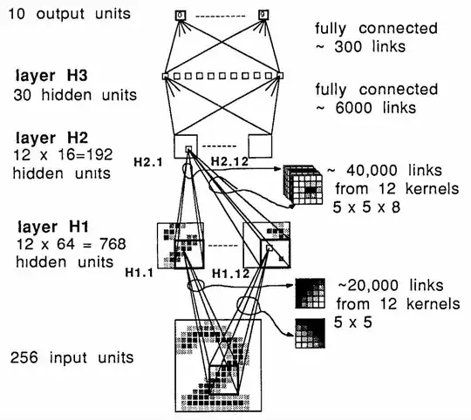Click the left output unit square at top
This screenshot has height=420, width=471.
pyautogui.click(x=181, y=15)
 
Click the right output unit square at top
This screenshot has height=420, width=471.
pyautogui.click(x=263, y=15)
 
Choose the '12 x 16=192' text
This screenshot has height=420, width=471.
pyautogui.click(x=58, y=157)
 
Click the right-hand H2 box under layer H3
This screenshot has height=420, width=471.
pyautogui.click(x=263, y=148)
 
